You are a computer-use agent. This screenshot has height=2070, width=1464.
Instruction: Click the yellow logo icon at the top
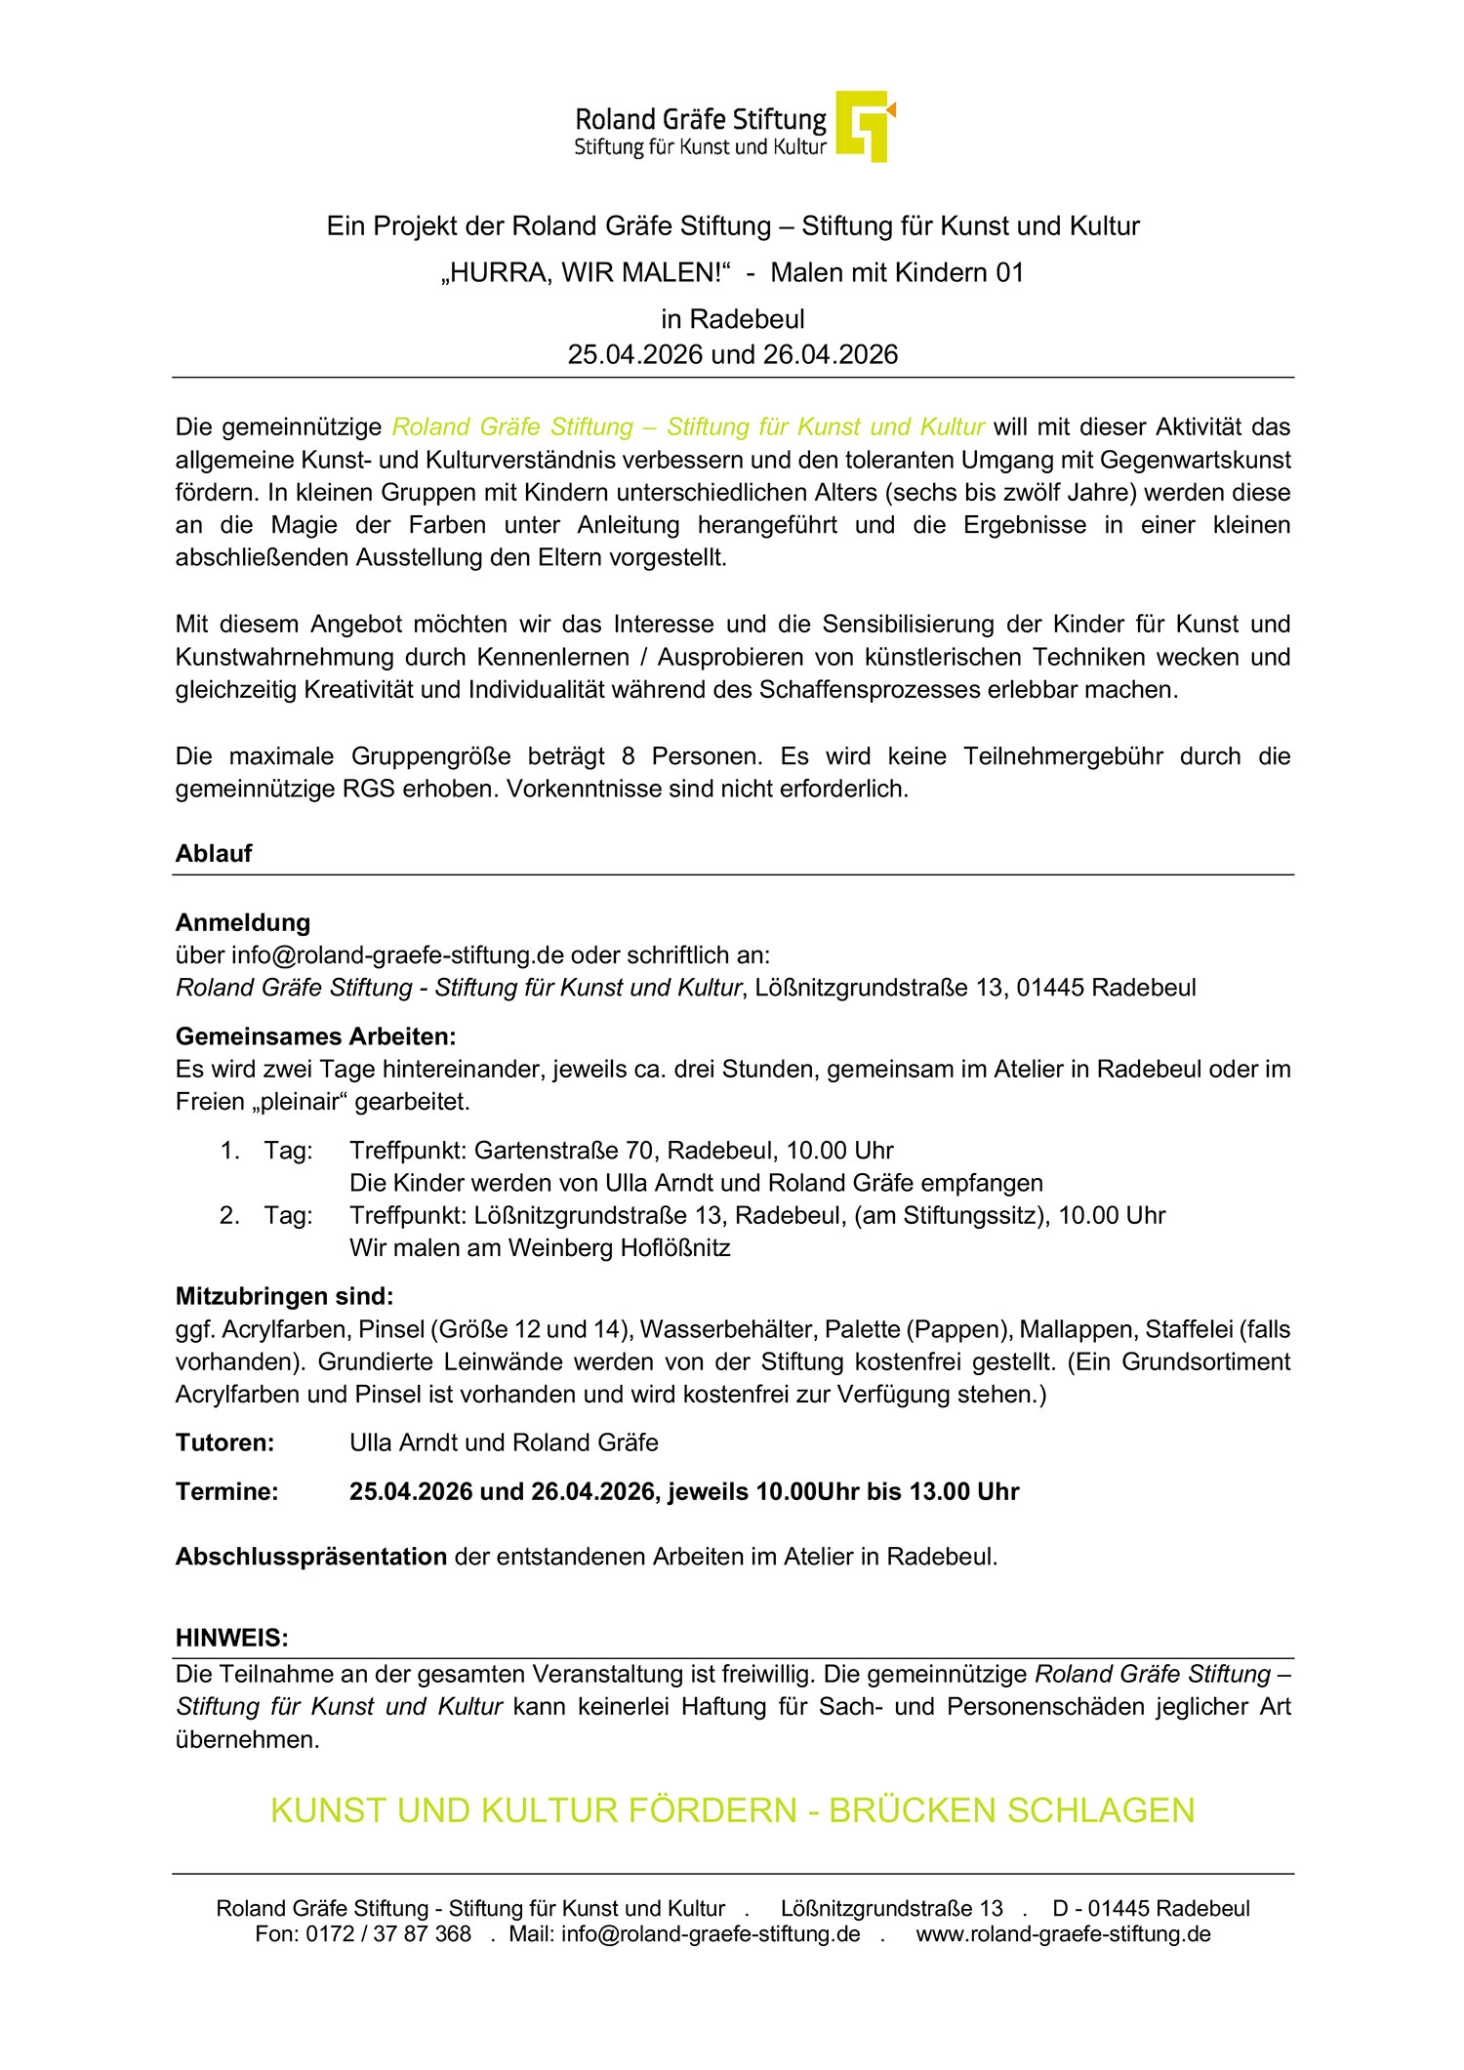click(865, 126)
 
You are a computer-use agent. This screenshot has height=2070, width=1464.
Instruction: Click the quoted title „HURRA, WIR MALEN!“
click(586, 272)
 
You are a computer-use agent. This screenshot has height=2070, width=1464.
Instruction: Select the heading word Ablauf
click(214, 854)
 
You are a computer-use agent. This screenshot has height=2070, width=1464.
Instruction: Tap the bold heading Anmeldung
click(243, 922)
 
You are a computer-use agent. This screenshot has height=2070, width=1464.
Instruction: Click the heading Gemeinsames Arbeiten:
click(315, 1036)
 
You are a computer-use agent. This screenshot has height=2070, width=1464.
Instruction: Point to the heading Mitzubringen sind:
click(284, 1297)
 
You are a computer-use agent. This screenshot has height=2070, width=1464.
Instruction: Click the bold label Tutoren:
click(224, 1443)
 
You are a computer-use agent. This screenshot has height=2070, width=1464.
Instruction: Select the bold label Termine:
click(226, 1492)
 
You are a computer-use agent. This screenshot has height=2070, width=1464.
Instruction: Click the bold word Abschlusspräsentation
click(311, 1557)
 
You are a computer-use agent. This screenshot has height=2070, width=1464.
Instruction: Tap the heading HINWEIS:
click(231, 1638)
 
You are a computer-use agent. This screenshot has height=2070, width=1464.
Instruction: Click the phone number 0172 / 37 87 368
click(388, 1934)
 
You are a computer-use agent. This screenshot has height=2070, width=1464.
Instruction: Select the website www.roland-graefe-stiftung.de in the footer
click(1063, 1934)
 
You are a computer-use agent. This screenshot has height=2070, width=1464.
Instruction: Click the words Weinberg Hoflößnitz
click(619, 1248)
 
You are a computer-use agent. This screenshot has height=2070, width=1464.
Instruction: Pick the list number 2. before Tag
click(229, 1216)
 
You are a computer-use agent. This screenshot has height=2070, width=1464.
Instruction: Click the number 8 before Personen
click(629, 756)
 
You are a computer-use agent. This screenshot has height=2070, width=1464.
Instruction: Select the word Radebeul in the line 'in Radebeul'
click(747, 319)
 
